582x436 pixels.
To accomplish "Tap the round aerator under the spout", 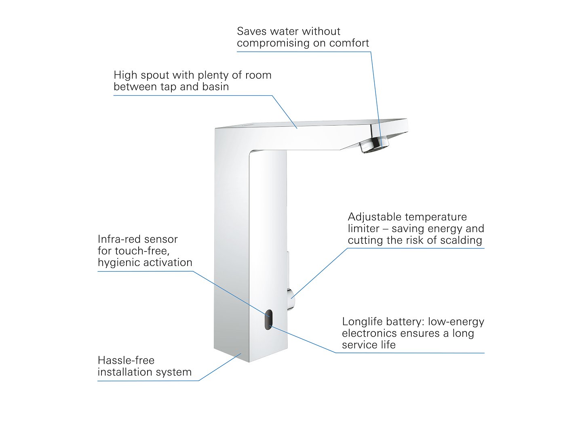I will pos(374,145).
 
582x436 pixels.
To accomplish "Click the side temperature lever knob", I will pos(291,299).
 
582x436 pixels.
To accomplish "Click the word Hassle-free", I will pos(126,360).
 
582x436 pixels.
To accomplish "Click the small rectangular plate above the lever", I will pos(288,262).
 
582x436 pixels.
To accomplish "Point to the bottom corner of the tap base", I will pos(249,361).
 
